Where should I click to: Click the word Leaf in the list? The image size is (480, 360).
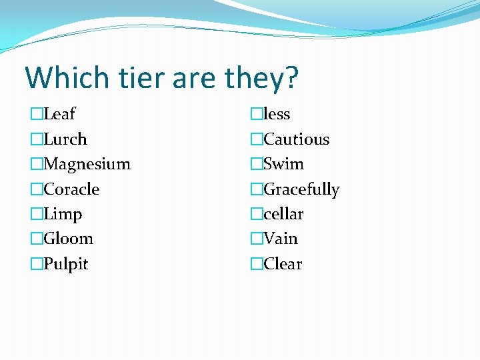pyautogui.click(x=59, y=114)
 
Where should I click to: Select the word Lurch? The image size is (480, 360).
pyautogui.click(x=65, y=139)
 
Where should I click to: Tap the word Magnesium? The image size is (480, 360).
pyautogui.click(x=87, y=164)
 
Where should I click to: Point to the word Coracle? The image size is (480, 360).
pyautogui.click(x=71, y=189)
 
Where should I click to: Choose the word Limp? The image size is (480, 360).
pyautogui.click(x=63, y=215)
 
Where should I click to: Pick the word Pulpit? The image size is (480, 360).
pyautogui.click(x=66, y=264)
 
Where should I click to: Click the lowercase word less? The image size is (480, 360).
pyautogui.click(x=277, y=114)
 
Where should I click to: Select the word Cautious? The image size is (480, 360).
pyautogui.click(x=297, y=139)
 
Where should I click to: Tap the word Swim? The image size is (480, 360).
pyautogui.click(x=284, y=164)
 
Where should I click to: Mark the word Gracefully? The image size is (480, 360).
pyautogui.click(x=301, y=189)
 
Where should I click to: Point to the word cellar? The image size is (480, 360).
pyautogui.click(x=283, y=215)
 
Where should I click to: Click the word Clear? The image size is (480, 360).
pyautogui.click(x=283, y=264)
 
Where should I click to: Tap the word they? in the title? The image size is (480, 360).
pyautogui.click(x=261, y=77)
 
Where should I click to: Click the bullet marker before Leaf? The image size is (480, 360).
pyautogui.click(x=36, y=115)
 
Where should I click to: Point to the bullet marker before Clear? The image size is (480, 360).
pyautogui.click(x=257, y=265)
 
